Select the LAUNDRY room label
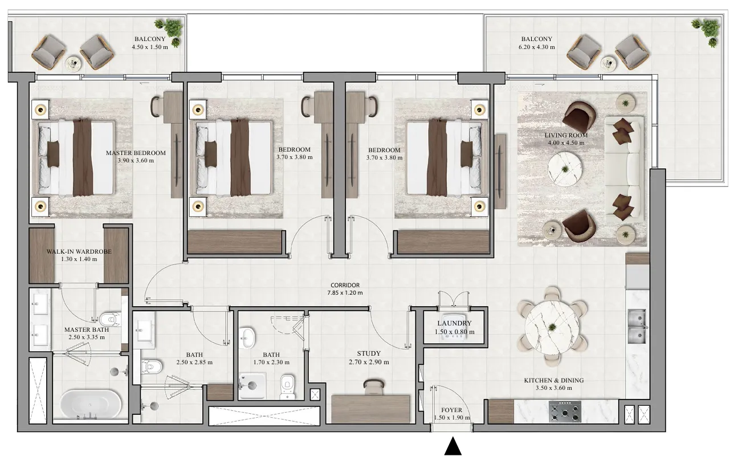point(454,323)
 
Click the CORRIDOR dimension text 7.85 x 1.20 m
point(345,293)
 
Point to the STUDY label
point(369,353)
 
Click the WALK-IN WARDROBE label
point(79,251)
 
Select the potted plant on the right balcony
point(707,30)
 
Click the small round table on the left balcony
point(74,63)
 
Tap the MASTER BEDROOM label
point(136,153)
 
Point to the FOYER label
point(452,410)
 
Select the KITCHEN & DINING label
point(553,380)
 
